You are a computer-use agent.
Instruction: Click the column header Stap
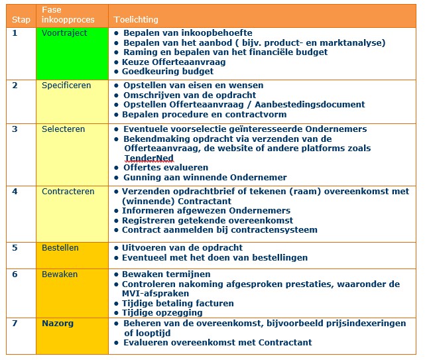[21, 20]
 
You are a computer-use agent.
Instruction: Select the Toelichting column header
[136, 20]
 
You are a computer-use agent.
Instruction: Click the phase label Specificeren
[66, 86]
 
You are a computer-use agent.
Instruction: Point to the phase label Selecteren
[64, 129]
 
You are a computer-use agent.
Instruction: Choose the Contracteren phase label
[68, 192]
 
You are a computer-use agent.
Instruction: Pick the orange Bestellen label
[60, 248]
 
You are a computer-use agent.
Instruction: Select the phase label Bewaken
[60, 274]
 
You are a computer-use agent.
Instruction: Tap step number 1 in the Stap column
[15, 33]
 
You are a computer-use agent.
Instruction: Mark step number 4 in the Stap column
[15, 192]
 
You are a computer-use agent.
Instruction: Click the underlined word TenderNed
[143, 158]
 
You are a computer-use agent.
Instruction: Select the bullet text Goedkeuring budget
[168, 72]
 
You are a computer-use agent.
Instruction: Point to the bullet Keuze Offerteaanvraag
[174, 62]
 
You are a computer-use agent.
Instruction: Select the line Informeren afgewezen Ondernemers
[206, 211]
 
